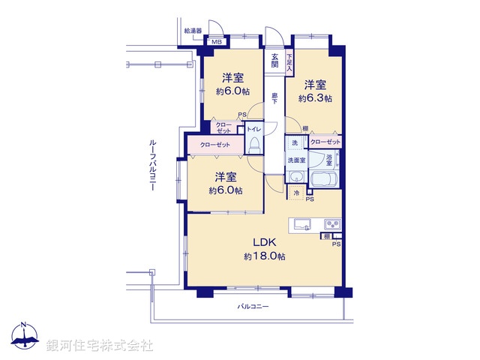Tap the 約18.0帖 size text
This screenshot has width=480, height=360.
pyautogui.click(x=264, y=256)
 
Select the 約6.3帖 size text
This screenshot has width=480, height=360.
pyautogui.click(x=315, y=98)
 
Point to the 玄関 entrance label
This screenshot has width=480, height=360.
pyautogui.click(x=275, y=61)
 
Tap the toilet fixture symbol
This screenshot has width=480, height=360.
pyautogui.click(x=253, y=145)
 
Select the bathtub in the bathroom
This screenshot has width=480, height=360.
pyautogui.click(x=323, y=181)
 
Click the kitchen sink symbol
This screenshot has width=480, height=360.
pyautogui.click(x=303, y=223)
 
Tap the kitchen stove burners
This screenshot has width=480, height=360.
pyautogui.click(x=331, y=224)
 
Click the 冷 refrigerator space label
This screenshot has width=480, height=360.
pyautogui.click(x=296, y=193)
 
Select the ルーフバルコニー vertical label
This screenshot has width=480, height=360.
pyautogui.click(x=152, y=165)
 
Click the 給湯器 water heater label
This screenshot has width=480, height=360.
pyautogui.click(x=193, y=31)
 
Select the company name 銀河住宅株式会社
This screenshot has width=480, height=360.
pyautogui.click(x=100, y=346)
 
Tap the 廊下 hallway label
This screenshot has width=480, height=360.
pyautogui.click(x=275, y=97)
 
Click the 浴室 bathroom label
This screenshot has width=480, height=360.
pyautogui.click(x=329, y=160)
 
